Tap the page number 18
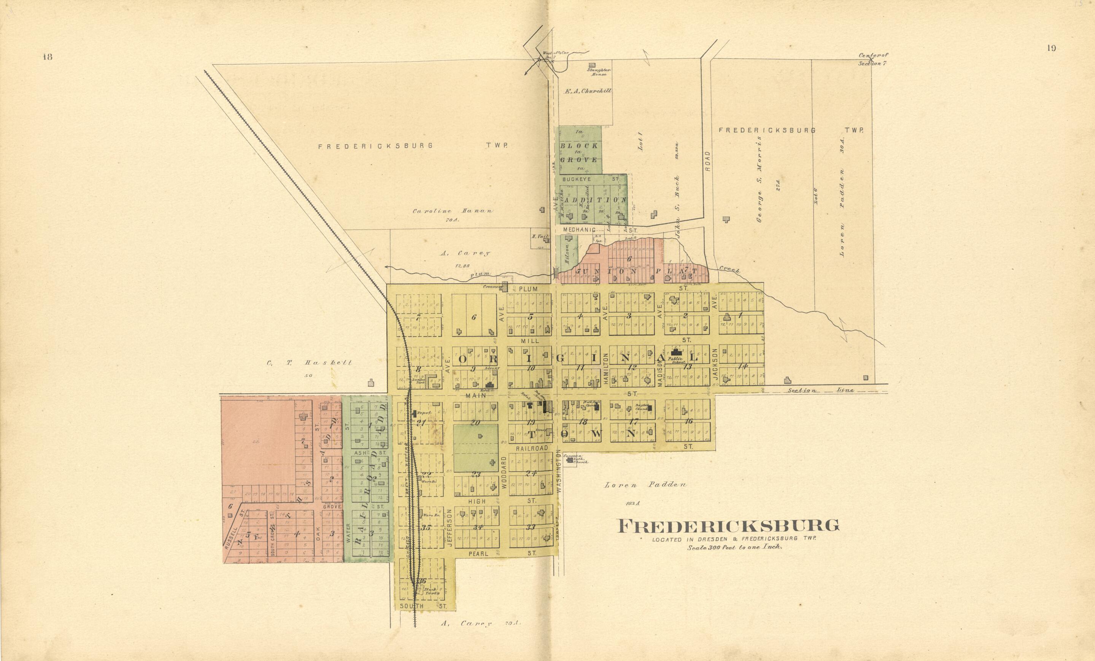[48, 56]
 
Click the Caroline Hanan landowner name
[452, 211]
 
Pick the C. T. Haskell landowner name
[309, 362]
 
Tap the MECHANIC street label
[579, 230]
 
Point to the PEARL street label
[478, 554]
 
